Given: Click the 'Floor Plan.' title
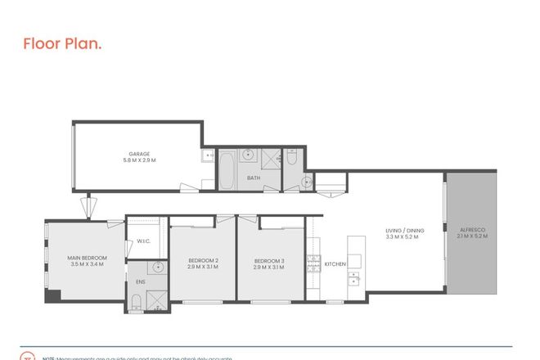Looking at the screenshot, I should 62,43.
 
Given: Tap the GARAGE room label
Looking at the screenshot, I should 139,153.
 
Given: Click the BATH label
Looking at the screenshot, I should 254,178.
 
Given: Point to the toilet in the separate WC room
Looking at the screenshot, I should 292,162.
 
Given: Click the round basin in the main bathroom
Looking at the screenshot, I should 306,182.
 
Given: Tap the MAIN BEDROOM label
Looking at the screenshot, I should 87,259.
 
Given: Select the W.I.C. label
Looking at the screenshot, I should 142,241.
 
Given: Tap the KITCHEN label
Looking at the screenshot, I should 335,264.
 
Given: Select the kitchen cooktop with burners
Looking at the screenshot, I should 312,263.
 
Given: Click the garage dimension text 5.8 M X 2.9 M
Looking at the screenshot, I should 139,160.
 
